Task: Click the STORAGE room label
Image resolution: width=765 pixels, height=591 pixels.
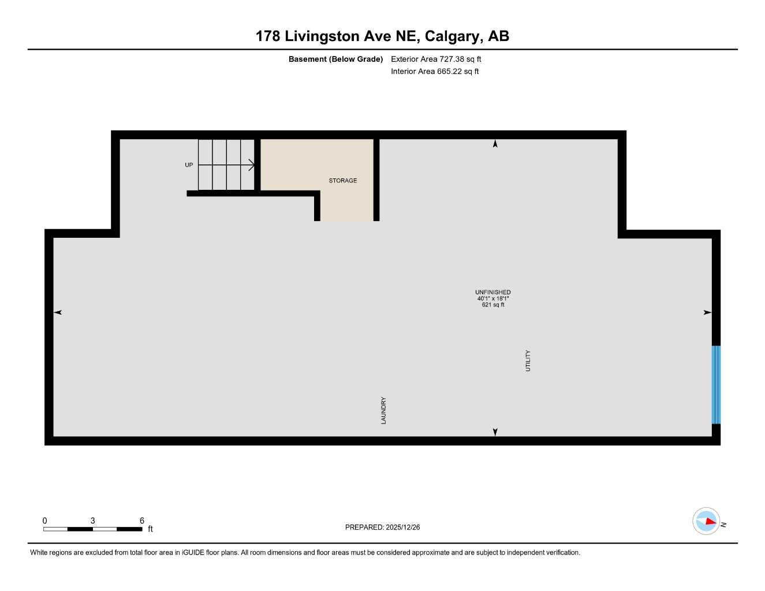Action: [343, 181]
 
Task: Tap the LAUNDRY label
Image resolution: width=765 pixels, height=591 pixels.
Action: [383, 410]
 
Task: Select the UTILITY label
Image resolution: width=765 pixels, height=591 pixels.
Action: [528, 361]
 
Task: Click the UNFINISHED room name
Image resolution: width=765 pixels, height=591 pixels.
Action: [492, 292]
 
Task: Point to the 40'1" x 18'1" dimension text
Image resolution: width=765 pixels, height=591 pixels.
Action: [492, 298]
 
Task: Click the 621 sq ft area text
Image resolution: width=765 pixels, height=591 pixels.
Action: [492, 305]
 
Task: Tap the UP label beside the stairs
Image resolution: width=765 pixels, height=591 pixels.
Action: [189, 165]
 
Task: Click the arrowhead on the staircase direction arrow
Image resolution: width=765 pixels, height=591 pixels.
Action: [252, 165]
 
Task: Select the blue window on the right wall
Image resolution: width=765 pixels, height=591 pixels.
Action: [716, 384]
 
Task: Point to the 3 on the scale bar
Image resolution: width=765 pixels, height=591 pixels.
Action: [92, 521]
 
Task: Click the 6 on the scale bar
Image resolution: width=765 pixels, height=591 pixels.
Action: [142, 521]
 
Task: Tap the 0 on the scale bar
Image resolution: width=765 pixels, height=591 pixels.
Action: [45, 521]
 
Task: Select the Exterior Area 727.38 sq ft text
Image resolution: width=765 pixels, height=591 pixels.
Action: [436, 59]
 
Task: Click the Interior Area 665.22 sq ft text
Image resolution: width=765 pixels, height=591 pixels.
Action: [435, 72]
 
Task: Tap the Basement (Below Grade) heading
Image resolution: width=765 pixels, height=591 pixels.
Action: [335, 59]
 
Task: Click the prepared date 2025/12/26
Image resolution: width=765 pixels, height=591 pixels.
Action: [402, 527]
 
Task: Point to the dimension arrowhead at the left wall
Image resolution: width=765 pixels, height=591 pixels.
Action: [58, 312]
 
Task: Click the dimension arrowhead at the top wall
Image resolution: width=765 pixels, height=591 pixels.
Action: [495, 144]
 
